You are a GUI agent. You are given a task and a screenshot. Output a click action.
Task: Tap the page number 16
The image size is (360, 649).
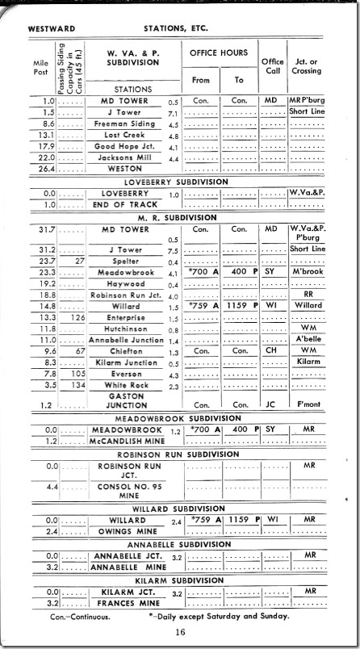(x=180, y=631)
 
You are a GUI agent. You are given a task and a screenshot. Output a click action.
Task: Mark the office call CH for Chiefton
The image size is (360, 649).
(x=271, y=351)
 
